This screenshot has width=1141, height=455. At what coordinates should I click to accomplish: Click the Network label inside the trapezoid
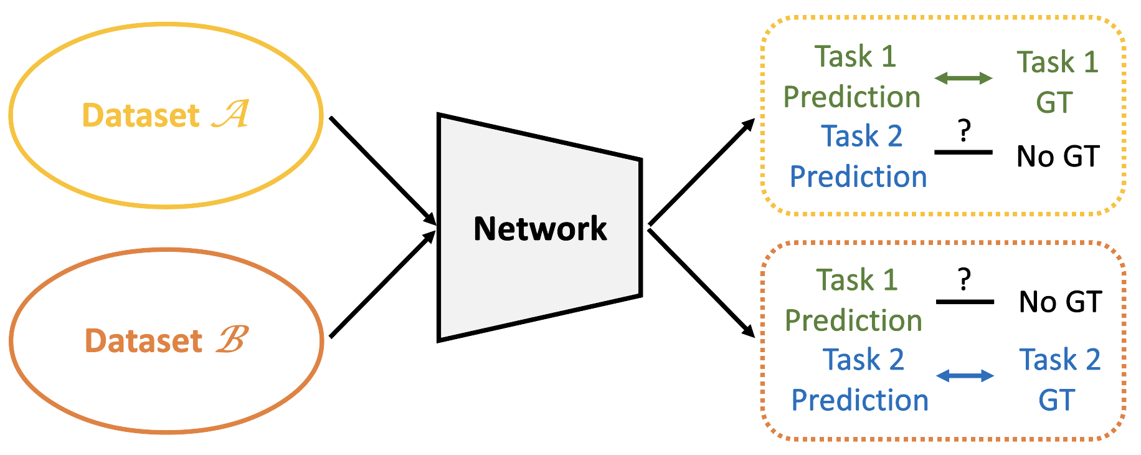pos(540,229)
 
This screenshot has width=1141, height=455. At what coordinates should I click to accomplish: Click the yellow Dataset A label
pos(166,115)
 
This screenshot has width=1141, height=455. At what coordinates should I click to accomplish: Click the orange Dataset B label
pos(167,340)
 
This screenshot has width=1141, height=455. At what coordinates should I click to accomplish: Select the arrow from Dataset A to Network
pos(382,170)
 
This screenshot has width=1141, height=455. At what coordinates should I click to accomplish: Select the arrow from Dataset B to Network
pos(382,284)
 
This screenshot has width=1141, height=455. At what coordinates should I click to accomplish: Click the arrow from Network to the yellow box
pos(701,173)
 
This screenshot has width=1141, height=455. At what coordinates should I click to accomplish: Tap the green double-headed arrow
pos(963,78)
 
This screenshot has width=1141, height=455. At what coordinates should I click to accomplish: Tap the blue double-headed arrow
pos(965,375)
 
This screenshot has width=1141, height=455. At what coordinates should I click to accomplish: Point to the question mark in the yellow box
pos(964,131)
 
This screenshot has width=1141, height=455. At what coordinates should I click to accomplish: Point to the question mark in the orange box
pos(964,280)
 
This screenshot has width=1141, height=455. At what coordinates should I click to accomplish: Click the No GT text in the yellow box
pos(1058,156)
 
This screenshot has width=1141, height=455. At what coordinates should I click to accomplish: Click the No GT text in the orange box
pos(1060,302)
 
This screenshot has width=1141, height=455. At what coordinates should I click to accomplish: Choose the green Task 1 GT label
pos(1057,82)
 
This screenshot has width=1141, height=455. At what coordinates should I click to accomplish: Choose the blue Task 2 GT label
pos(1059,379)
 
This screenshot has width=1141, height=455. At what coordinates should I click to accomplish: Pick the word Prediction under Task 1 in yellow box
pos(851,97)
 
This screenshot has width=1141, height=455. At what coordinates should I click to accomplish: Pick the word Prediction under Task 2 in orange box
pos(859,400)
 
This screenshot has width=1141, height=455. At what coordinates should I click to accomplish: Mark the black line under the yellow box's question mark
pos(963,152)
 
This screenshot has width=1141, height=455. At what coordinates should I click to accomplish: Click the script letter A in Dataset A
pos(231,114)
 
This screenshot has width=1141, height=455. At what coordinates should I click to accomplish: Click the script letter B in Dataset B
pos(232,340)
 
